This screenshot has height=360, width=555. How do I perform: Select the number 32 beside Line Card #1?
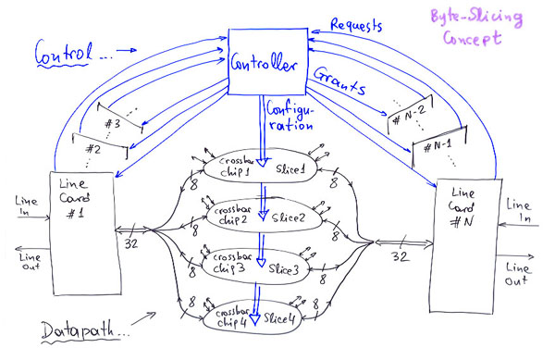[x=133, y=247]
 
